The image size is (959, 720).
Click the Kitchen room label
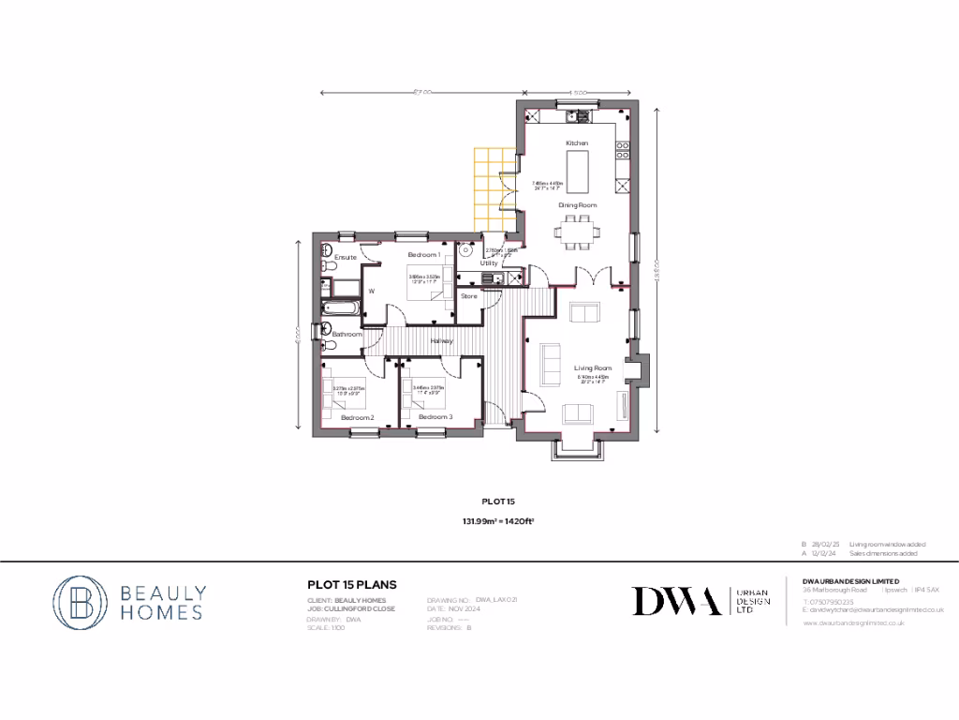[577, 142]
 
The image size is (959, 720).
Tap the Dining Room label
[578, 204]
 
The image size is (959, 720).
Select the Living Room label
[593, 368]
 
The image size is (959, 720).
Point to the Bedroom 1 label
[424, 255]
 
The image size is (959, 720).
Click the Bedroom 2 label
[357, 416]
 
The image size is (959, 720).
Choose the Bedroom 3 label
[435, 416]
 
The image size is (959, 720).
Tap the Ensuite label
[346, 256]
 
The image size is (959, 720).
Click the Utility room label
[489, 263]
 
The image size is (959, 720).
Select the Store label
[469, 296]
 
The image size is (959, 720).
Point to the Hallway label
[442, 340]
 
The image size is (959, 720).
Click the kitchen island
[578, 174]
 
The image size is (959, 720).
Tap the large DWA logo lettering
[676, 601]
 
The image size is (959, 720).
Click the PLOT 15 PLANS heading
[351, 584]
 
